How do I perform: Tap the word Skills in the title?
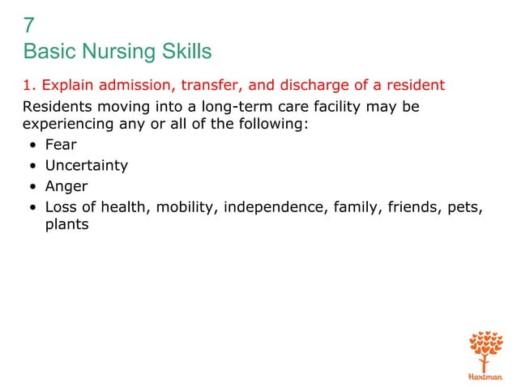click(186, 53)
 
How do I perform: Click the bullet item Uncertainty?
click(87, 165)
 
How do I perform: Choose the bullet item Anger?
click(66, 185)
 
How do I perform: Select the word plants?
click(66, 225)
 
